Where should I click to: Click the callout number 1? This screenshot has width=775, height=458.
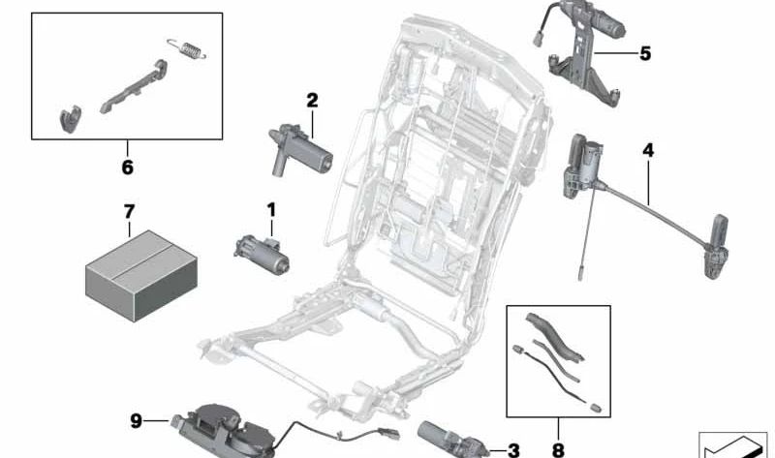[271, 210]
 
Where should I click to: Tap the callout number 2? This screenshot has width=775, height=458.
[312, 101]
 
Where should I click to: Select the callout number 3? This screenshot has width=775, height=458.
[513, 450]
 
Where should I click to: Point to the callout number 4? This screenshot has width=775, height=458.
[648, 150]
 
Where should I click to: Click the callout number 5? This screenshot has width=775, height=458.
[645, 53]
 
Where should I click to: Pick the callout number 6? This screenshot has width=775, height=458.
[128, 168]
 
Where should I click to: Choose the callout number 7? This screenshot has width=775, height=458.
[129, 212]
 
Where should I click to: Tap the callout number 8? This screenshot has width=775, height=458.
[558, 450]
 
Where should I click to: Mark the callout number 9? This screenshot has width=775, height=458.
[136, 421]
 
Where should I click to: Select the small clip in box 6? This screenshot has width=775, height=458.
[71, 119]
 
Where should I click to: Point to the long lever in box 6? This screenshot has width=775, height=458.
[134, 87]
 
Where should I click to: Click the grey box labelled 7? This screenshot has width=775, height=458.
[141, 275]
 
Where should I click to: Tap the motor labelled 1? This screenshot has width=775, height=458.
[262, 254]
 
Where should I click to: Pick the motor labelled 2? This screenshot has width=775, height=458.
[300, 149]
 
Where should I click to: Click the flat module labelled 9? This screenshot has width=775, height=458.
[223, 431]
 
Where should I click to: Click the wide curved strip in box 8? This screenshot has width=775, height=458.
[553, 336]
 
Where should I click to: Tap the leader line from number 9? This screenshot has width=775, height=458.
[157, 421]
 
